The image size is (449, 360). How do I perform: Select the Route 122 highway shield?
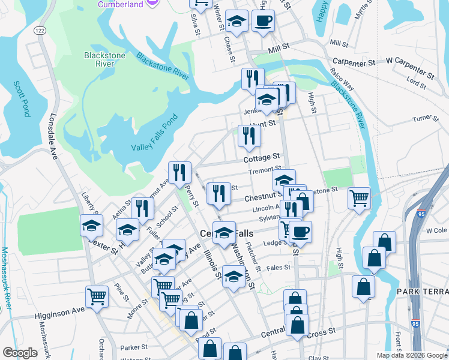(40, 30)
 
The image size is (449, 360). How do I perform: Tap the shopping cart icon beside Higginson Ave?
(97, 296)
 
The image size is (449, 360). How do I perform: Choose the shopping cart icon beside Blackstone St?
(358, 197)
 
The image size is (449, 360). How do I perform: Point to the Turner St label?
(426, 118)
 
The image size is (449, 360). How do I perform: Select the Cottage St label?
(262, 157)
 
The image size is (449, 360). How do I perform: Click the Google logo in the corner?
(20, 352)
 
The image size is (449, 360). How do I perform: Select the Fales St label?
(279, 268)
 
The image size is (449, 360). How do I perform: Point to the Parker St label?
(134, 347)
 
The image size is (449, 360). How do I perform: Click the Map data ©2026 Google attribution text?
(411, 355)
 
